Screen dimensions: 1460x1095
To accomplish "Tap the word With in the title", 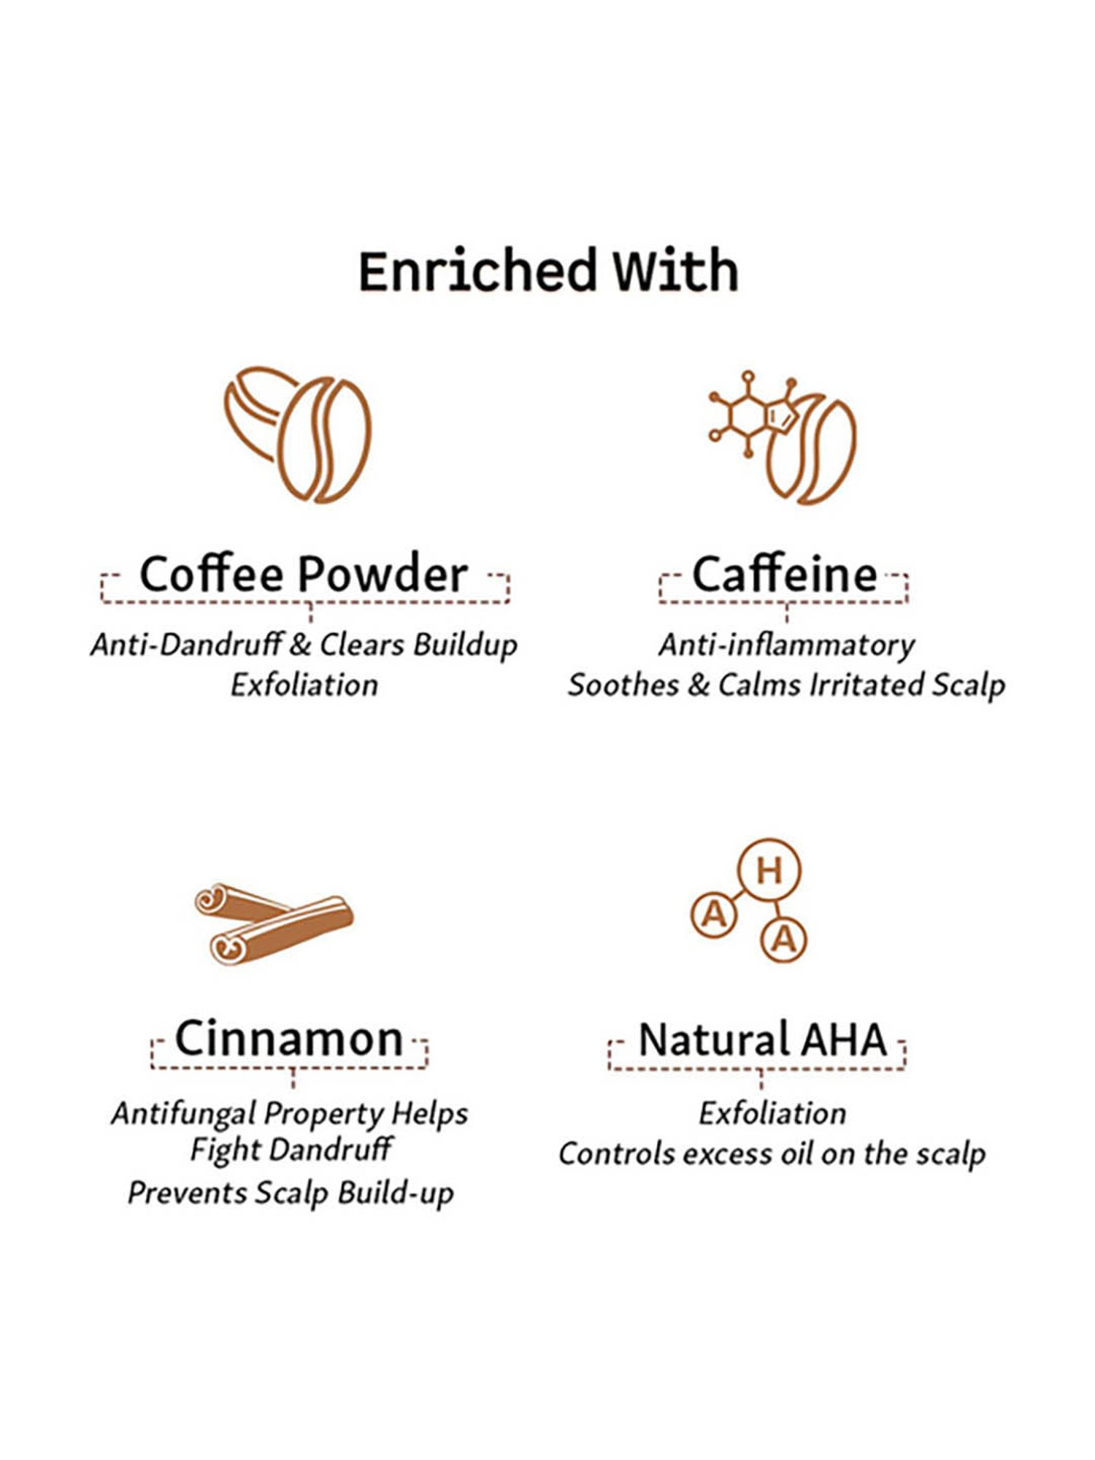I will [x=675, y=271].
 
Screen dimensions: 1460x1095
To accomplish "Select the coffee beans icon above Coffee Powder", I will [x=298, y=434].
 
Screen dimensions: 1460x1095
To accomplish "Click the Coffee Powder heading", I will [x=304, y=575].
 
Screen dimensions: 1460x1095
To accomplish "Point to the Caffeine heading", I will [x=784, y=575].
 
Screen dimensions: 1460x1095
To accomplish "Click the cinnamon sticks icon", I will [x=274, y=923].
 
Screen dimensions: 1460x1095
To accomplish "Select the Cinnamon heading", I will [x=289, y=1039].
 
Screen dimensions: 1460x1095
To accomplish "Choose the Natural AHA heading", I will [x=762, y=1040].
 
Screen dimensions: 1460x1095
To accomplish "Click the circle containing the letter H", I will [x=769, y=871].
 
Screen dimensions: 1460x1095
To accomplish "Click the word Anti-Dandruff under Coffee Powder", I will [x=187, y=645].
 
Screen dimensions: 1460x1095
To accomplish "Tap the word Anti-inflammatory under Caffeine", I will [x=786, y=645].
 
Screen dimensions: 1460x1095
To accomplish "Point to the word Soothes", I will [x=623, y=685].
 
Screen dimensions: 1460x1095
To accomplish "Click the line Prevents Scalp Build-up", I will [x=291, y=1193].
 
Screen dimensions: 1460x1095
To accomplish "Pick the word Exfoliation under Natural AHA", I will [x=772, y=1114].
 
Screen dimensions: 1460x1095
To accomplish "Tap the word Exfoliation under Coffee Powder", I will [x=304, y=685].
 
